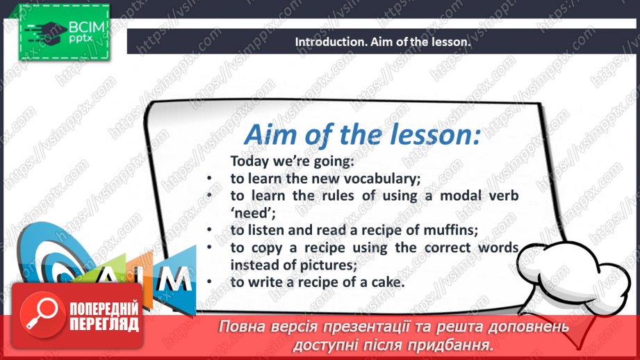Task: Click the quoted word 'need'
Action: [253, 213]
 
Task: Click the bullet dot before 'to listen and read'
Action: [209, 230]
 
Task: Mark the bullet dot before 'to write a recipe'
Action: [209, 282]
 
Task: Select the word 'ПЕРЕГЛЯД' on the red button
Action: [104, 325]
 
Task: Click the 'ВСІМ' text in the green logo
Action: [87, 27]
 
